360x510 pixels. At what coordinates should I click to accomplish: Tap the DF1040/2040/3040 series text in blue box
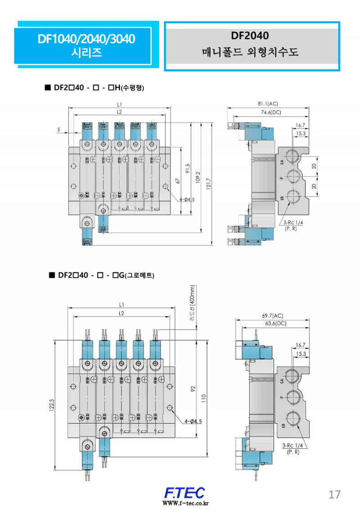86,39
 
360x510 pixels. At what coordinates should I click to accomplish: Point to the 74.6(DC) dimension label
268,112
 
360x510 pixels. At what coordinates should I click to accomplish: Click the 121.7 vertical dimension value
208,184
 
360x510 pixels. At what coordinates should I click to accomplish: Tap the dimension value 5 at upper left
58,130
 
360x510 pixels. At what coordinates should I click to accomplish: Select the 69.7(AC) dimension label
272,316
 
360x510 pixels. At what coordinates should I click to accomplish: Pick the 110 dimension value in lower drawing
203,398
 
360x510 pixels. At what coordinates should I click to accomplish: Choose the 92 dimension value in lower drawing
193,389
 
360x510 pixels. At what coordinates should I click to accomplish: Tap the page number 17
334,494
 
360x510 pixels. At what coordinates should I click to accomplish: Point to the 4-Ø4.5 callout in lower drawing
193,421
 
